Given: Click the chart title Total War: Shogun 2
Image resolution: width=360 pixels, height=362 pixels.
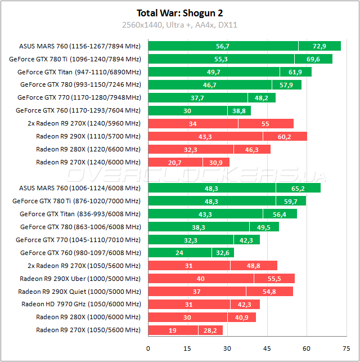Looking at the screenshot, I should click(x=180, y=12).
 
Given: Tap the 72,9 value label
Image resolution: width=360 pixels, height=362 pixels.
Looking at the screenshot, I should click(x=319, y=46).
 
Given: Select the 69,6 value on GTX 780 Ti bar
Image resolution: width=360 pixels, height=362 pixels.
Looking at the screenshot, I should click(x=313, y=59).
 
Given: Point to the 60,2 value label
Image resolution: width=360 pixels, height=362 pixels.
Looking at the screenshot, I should click(x=285, y=136).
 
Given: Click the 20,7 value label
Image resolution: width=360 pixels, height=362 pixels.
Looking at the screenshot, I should click(x=174, y=162).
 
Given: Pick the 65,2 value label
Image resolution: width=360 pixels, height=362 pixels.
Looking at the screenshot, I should click(x=298, y=188).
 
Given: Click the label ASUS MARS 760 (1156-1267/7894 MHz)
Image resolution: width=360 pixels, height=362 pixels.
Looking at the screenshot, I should click(x=80, y=46).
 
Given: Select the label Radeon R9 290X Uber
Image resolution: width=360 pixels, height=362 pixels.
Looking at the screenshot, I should click(x=80, y=279).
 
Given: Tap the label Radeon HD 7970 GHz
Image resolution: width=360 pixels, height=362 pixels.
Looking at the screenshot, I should click(x=81, y=305).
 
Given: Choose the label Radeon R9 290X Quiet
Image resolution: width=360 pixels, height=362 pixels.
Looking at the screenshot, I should click(x=79, y=292).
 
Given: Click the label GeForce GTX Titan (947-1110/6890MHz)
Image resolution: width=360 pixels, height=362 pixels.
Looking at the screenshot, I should click(x=79, y=72).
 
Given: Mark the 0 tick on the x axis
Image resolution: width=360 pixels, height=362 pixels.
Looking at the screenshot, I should click(x=148, y=348).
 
